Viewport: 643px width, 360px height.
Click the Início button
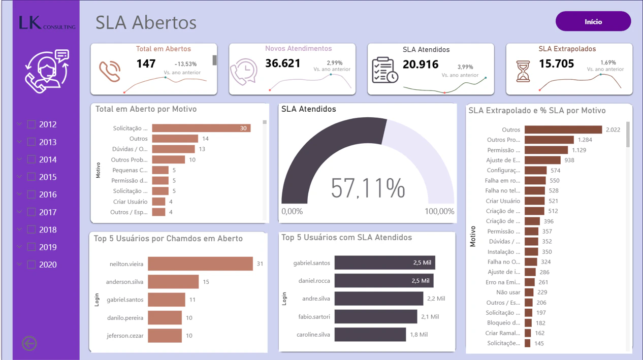click(593, 21)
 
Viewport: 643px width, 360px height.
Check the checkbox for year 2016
click(31, 194)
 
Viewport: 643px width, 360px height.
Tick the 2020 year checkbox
click(31, 265)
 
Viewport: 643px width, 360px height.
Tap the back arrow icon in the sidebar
click(29, 343)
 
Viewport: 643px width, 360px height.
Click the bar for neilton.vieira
click(200, 264)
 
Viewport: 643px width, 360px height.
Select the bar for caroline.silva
click(370, 335)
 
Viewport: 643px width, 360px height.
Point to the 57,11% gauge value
click(368, 188)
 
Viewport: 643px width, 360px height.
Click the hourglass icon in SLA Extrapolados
click(523, 71)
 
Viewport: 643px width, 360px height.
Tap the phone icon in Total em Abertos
click(110, 71)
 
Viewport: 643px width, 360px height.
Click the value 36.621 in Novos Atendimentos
click(282, 63)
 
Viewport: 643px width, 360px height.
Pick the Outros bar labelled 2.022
click(563, 129)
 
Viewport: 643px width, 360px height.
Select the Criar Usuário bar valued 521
click(534, 201)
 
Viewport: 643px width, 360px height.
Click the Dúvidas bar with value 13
click(173, 149)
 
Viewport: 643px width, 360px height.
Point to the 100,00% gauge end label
click(439, 211)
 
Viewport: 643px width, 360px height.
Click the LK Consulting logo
click(47, 23)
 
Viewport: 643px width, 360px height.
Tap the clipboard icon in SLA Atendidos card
click(385, 71)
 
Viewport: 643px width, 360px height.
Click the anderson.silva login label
click(124, 282)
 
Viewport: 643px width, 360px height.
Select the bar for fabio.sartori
click(376, 316)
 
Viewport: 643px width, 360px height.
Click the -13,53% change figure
click(185, 64)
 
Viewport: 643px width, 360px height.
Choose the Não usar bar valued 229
click(529, 292)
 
